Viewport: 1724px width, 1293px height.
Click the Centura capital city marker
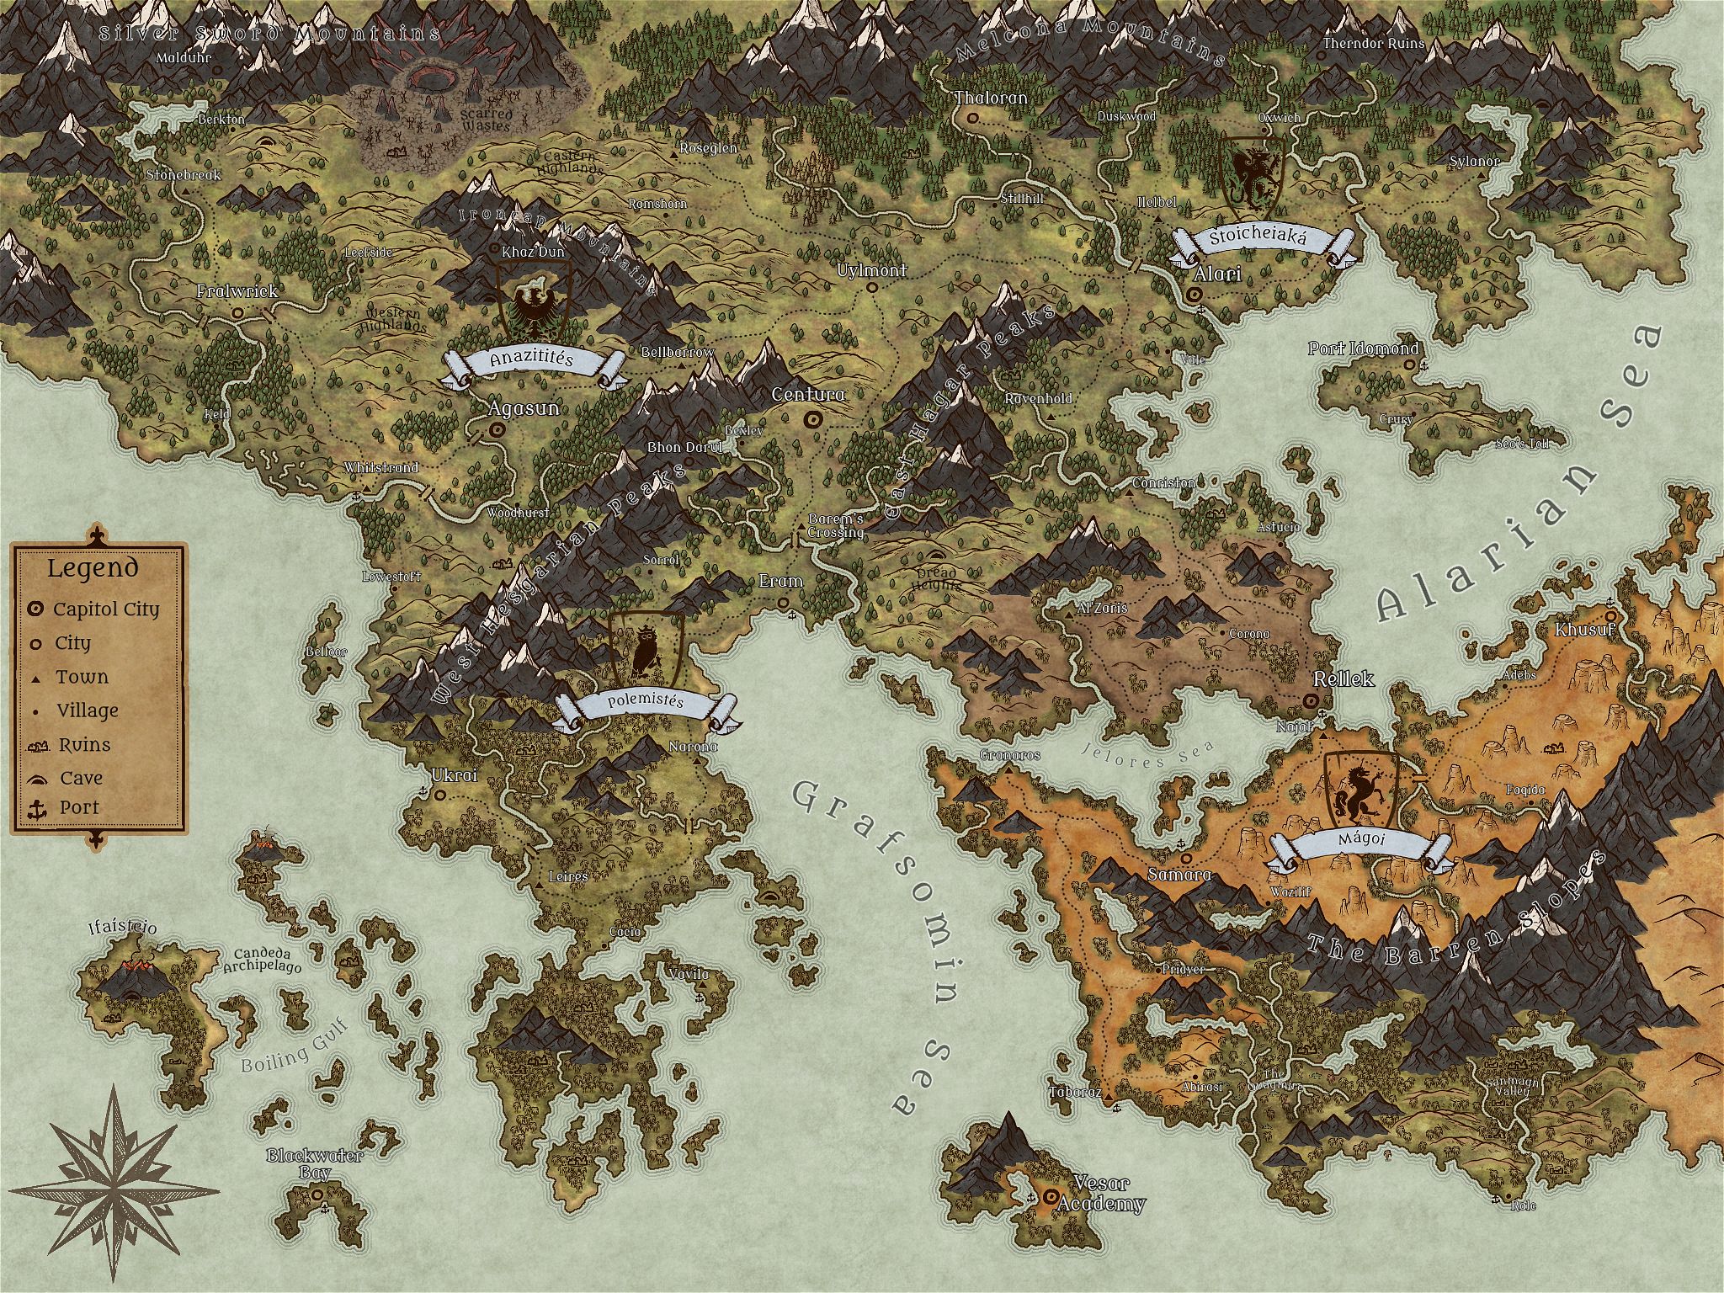(x=812, y=419)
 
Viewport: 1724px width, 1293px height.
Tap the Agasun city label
(x=524, y=408)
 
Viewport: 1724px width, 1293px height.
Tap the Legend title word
(x=93, y=568)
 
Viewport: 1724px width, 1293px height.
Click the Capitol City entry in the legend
(x=105, y=609)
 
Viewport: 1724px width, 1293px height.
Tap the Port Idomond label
(x=1363, y=349)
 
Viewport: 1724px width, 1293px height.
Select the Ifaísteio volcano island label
(x=123, y=929)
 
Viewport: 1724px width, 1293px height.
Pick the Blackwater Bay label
(x=315, y=1163)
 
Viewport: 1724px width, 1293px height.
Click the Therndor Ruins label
(x=1374, y=43)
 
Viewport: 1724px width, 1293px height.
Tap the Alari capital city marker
(x=1195, y=295)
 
